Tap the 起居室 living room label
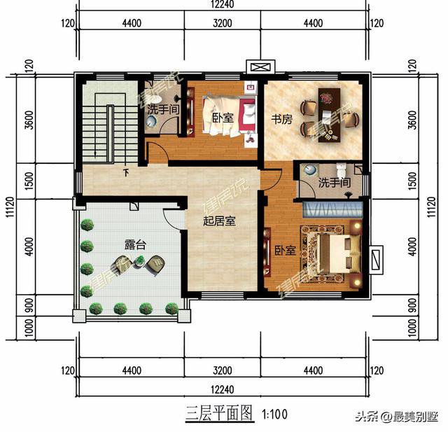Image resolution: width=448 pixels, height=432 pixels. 218,221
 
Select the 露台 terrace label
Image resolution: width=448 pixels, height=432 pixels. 135,245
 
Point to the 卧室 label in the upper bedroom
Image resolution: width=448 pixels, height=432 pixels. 222,118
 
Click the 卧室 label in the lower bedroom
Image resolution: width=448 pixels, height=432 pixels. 284,250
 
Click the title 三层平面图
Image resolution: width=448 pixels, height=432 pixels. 218,412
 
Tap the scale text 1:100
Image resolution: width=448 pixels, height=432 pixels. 275,413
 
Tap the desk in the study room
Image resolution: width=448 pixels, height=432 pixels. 328,114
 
